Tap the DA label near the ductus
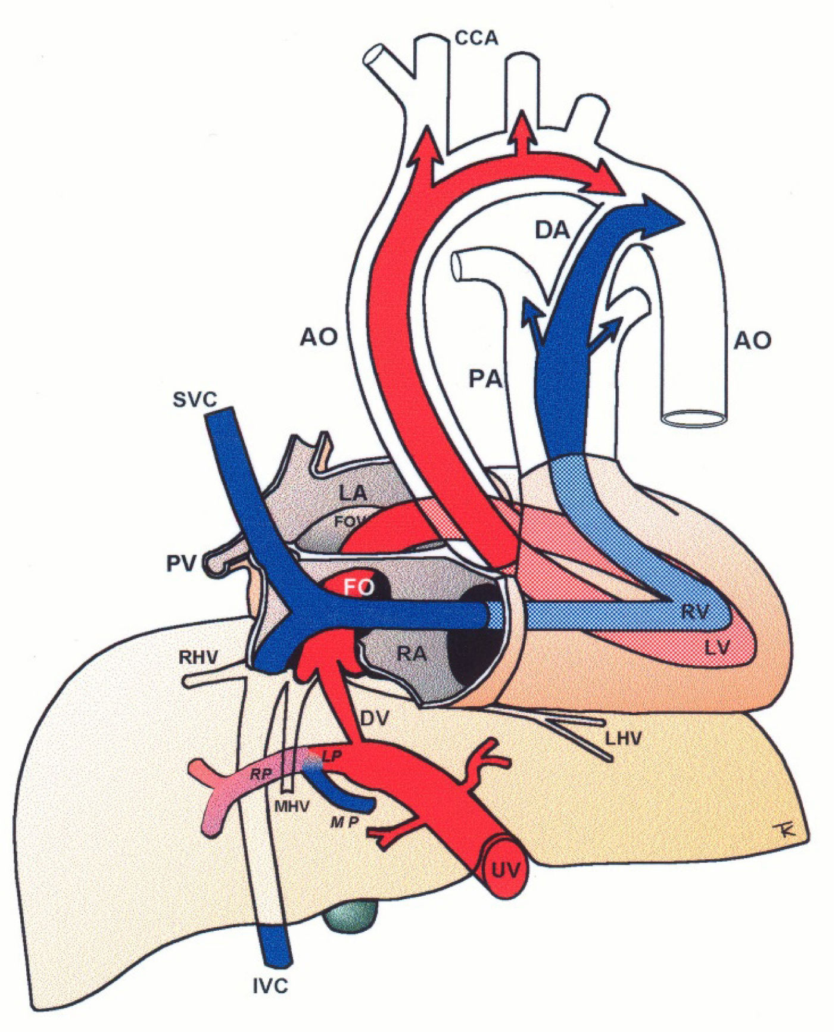[552, 229]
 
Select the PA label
[485, 379]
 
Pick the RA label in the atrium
[412, 654]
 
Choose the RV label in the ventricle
[695, 612]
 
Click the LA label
[353, 493]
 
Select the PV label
[180, 563]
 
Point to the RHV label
[199, 658]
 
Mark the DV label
[375, 718]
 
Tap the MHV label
[292, 807]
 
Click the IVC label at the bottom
[269, 986]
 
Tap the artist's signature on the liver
[787, 831]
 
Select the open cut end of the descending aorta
[695, 417]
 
